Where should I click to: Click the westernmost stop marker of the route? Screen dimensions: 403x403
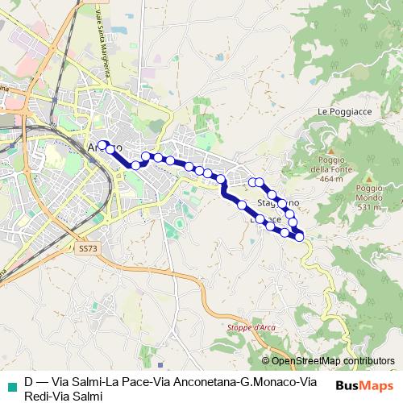102,144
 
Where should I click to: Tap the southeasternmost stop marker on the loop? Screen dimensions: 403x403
300,236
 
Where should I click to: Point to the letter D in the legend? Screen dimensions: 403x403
28,382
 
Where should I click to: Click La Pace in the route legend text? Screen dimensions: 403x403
122,382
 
